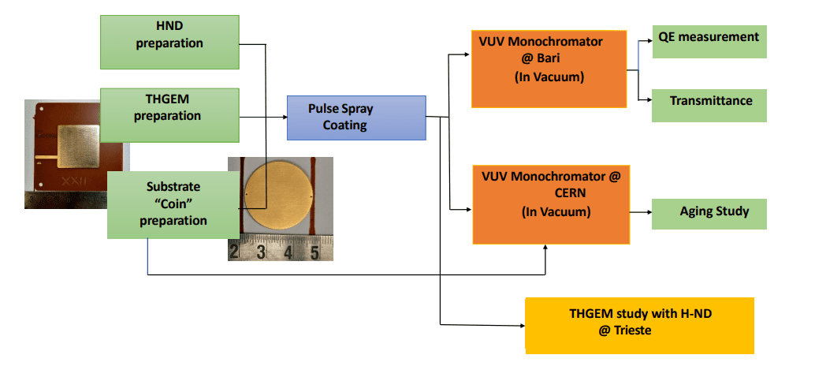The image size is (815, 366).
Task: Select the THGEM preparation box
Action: click(169, 109)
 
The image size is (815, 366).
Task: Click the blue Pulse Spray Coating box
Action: click(355, 117)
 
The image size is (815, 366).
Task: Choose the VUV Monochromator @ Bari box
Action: click(548, 69)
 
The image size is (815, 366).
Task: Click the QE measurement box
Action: click(709, 41)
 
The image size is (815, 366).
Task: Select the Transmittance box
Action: click(709, 104)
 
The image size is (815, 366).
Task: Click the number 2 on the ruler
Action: click(234, 252)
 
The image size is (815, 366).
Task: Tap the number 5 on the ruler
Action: click(314, 252)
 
